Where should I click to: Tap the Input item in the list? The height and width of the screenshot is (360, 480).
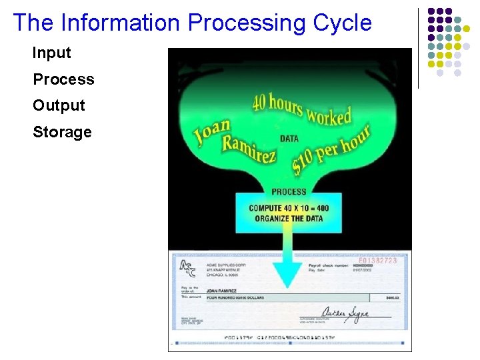coord(51,53)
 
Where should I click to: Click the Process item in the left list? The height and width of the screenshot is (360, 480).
coord(63,79)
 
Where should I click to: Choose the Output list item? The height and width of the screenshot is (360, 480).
coord(59,105)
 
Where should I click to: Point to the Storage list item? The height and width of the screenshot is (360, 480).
coord(62,132)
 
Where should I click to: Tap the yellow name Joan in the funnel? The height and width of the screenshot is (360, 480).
coord(212,133)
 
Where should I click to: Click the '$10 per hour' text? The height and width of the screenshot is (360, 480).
coord(331,149)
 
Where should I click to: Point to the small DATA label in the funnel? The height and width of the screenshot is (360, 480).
coord(289,139)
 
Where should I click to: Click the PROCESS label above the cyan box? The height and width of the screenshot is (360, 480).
coord(289,192)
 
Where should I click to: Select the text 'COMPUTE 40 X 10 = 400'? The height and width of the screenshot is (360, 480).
coord(289,208)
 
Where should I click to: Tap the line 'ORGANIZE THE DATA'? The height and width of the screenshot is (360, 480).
coord(289,218)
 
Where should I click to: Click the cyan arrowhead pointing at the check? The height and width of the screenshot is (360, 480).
coord(288,273)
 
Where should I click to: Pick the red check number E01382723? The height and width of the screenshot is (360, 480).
coord(377,261)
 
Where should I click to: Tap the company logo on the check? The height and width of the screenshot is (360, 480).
coord(188,268)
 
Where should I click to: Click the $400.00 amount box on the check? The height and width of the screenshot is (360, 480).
coord(391,298)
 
